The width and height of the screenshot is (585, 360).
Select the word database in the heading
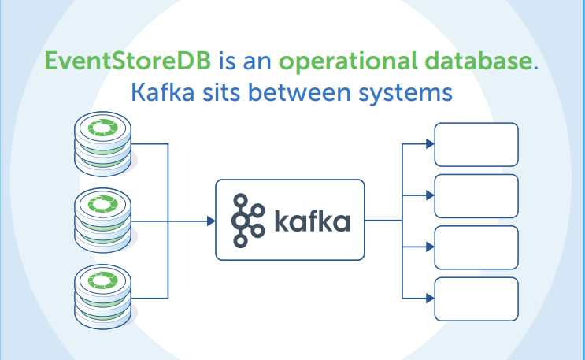(x=477, y=61)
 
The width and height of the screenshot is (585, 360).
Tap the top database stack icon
(x=100, y=144)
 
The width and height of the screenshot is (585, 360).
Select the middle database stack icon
(x=100, y=221)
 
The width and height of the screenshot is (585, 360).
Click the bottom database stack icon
(x=100, y=297)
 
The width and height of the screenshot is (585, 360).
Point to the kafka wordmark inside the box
(x=313, y=221)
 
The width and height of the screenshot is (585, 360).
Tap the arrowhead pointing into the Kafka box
(x=210, y=221)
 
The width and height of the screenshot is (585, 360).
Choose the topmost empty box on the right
(x=476, y=144)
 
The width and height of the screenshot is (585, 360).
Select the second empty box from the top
(x=476, y=195)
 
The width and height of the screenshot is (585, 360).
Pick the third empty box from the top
(x=476, y=247)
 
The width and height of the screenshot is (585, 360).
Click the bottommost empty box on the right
(x=476, y=298)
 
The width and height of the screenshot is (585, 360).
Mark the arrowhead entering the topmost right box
(x=430, y=144)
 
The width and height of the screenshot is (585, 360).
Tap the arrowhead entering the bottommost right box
(x=430, y=298)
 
